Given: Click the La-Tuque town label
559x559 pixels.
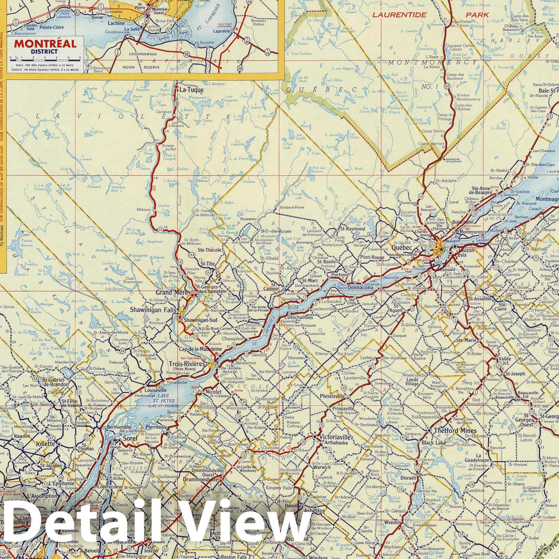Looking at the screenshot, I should (191, 90).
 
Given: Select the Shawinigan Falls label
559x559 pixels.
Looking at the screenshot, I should (153, 309).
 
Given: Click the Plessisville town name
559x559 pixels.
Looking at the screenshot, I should (332, 397).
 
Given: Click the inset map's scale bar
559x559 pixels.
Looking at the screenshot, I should (45, 58).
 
